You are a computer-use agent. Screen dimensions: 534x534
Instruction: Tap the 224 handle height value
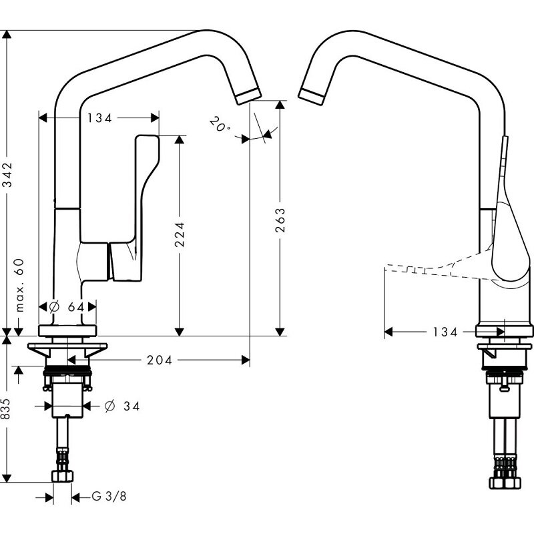pyautogui.click(x=179, y=234)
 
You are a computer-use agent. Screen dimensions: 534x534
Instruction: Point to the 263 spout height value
pyautogui.click(x=280, y=221)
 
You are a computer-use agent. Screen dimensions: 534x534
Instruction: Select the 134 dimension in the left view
pyautogui.click(x=99, y=117)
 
